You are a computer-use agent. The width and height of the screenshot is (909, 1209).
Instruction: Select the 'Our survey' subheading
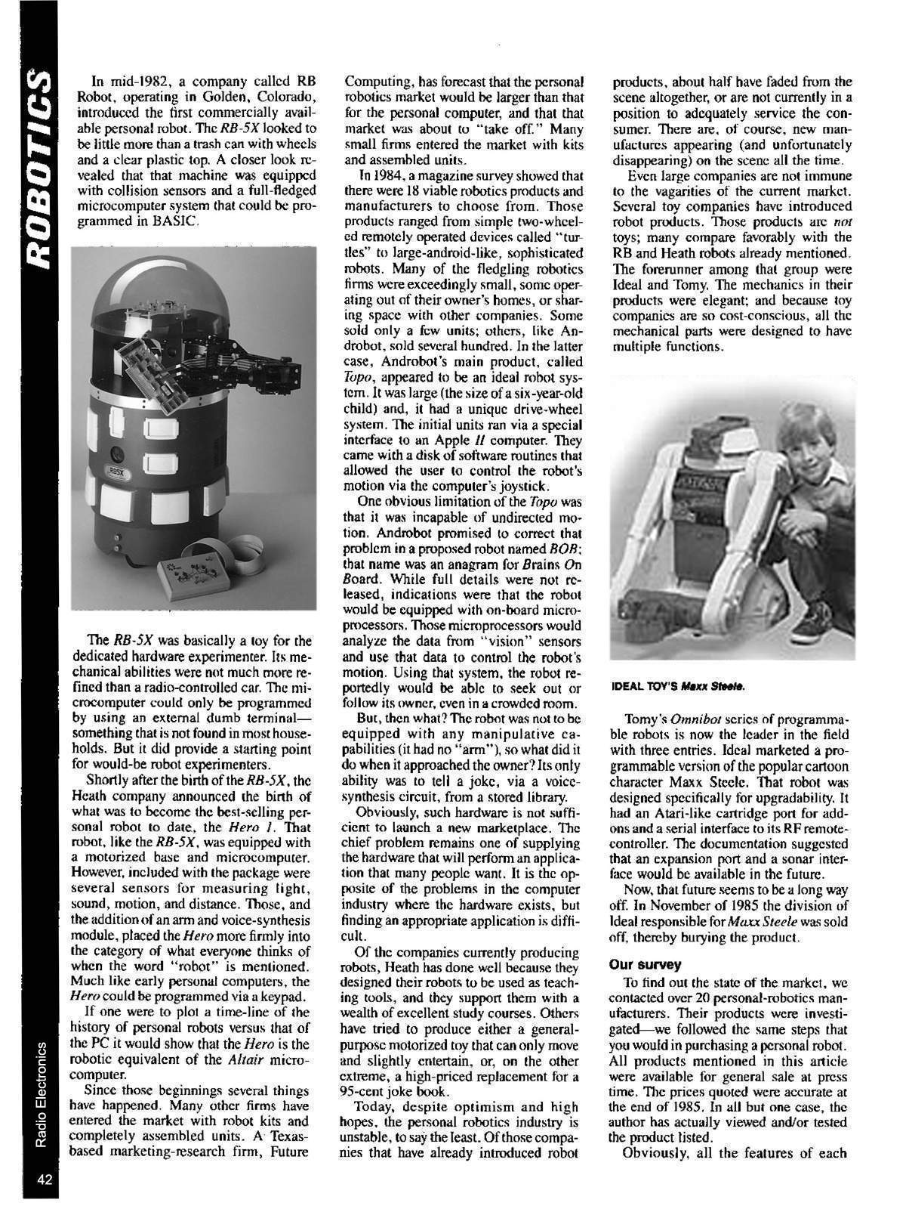pos(647,964)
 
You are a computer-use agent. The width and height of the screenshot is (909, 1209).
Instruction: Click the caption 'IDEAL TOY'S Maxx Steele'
pos(678,687)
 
